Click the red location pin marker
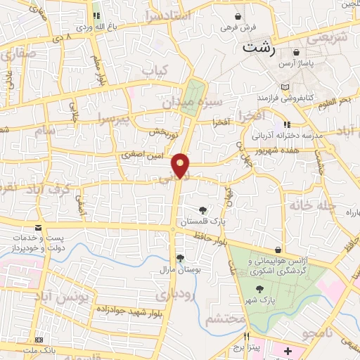181,165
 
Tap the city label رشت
258,48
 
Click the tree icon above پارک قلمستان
202,210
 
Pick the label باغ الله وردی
95,26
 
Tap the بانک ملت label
38,349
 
